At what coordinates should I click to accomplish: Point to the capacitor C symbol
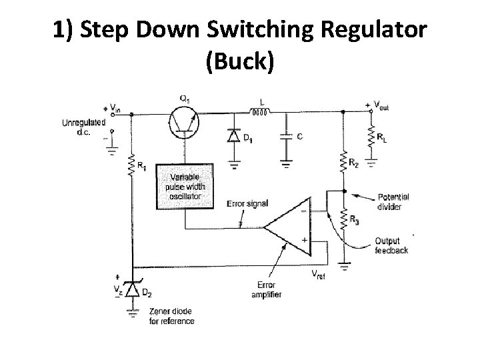(x=286, y=137)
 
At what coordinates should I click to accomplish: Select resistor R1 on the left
(x=133, y=165)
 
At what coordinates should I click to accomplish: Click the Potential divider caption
(x=393, y=201)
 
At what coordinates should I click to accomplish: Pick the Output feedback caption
(x=391, y=245)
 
